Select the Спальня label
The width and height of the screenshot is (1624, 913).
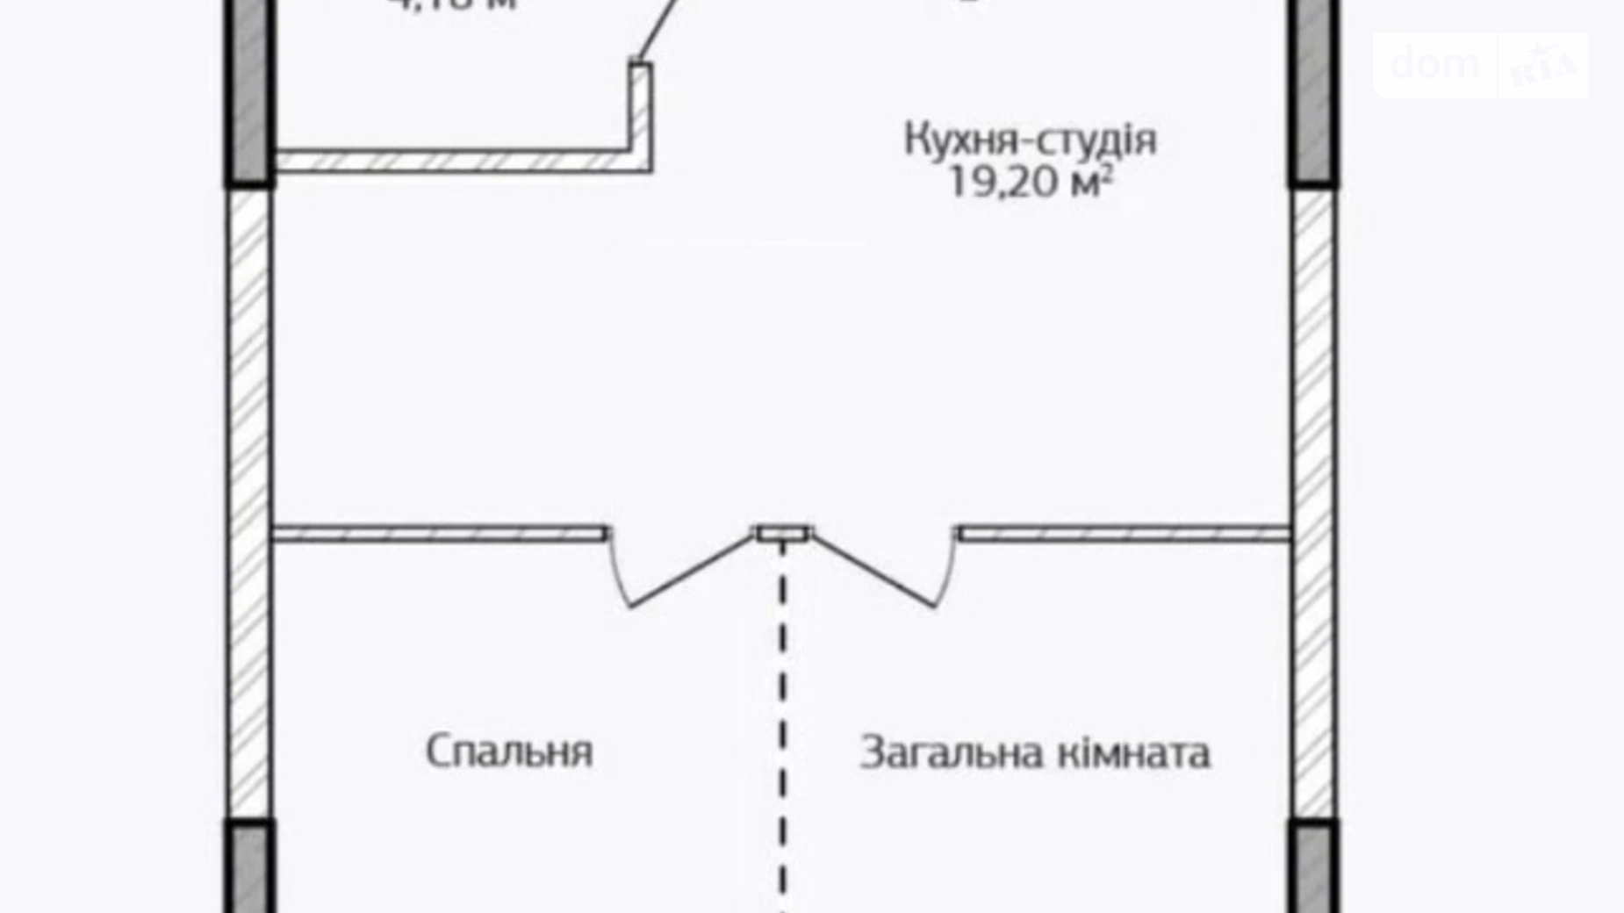[509, 751]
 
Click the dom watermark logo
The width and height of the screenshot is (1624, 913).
[1435, 63]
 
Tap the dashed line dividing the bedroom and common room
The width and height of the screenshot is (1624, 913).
[783, 720]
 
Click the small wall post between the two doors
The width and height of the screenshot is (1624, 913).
[784, 533]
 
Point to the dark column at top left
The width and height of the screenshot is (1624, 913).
[250, 92]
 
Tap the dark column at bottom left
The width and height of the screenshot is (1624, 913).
[250, 867]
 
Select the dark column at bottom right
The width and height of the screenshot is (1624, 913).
[1314, 867]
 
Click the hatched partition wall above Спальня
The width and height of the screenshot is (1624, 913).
[439, 534]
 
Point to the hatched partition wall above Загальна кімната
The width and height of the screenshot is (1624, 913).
[1124, 534]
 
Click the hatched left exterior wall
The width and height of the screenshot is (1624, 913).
[249, 500]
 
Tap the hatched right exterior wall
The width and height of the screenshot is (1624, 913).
[1313, 500]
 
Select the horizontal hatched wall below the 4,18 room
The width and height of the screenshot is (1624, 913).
[452, 162]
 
